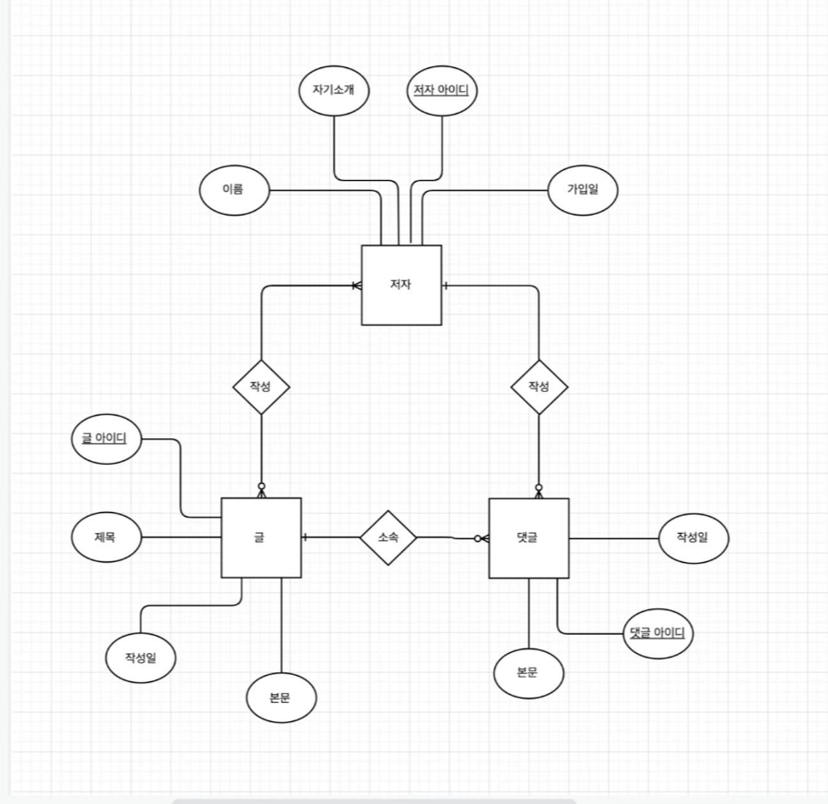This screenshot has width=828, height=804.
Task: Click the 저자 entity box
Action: (401, 285)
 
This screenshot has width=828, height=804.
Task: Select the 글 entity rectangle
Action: (261, 538)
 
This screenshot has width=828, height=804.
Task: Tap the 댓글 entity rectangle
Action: (529, 538)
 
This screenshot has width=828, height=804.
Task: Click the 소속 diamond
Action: (388, 538)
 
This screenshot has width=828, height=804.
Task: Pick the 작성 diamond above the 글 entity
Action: (261, 387)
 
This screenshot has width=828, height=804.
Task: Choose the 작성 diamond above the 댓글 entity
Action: (540, 387)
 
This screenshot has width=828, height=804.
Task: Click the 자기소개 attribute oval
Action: (333, 89)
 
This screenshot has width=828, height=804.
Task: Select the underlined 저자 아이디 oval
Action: (442, 89)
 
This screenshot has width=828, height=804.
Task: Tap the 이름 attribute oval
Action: (234, 190)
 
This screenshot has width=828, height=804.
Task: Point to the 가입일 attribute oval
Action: (583, 190)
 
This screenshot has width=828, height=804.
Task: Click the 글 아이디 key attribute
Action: (105, 440)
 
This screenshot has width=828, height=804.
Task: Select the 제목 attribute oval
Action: (106, 538)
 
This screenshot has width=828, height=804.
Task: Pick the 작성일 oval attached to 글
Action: (140, 657)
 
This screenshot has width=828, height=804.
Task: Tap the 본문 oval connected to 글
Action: (280, 698)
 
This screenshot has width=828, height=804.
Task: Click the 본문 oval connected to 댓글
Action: (529, 673)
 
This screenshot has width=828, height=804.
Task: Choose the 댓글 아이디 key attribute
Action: (656, 632)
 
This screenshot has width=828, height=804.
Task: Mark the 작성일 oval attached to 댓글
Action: (692, 538)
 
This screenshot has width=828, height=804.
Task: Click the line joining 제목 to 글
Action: (182, 538)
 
